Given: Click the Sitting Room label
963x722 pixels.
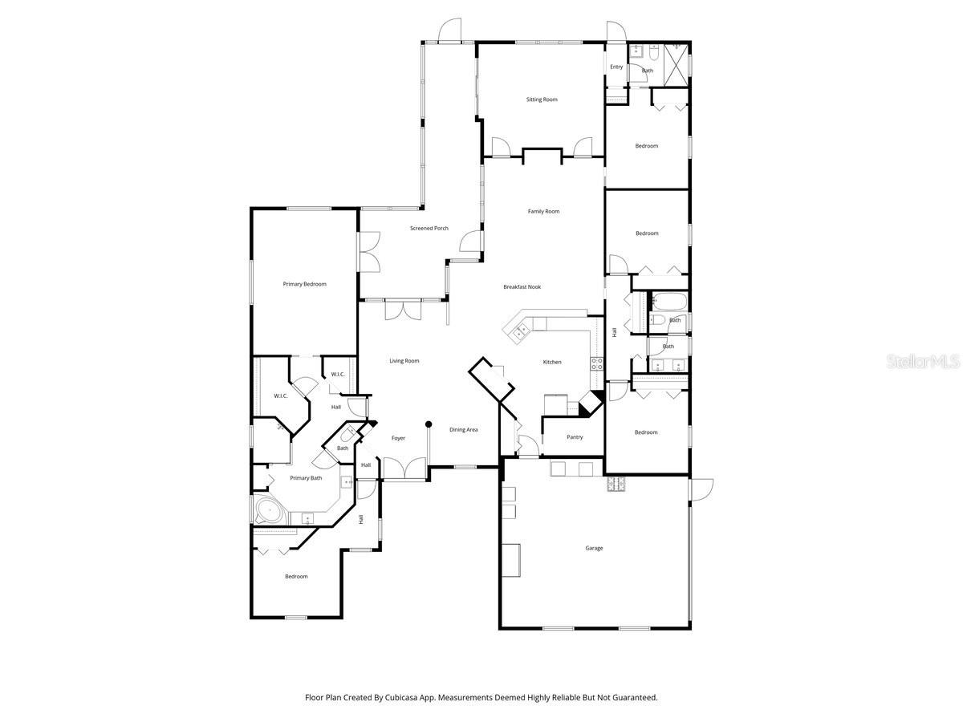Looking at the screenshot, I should click(542, 99).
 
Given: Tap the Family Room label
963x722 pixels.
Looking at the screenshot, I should click(543, 212).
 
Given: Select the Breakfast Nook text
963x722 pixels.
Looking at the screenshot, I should click(522, 286).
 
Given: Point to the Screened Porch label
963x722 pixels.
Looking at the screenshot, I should click(429, 229).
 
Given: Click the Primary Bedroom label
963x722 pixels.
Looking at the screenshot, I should click(304, 284).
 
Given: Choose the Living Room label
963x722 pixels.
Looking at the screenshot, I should click(404, 361).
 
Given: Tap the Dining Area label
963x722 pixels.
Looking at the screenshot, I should click(463, 430).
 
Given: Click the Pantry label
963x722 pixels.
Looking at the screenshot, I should click(575, 437).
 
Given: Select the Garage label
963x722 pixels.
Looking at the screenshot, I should click(594, 548).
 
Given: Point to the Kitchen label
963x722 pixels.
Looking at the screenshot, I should click(552, 362).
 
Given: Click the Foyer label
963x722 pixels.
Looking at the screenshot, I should click(398, 438).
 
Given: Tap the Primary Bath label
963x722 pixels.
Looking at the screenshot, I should click(306, 478).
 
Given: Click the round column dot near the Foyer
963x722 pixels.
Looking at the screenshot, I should click(429, 424).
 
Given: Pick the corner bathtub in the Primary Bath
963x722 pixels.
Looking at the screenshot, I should click(270, 511).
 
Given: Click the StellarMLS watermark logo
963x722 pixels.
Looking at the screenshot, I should click(922, 362).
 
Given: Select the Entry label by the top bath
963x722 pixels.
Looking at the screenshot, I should click(616, 67).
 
